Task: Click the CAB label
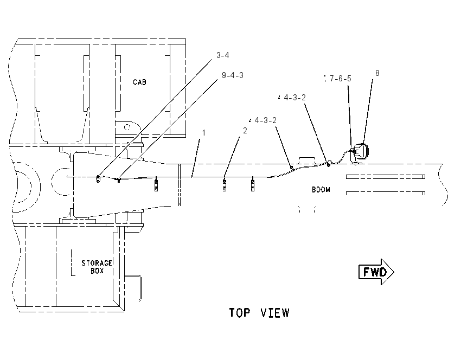(139, 82)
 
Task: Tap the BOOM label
(321, 190)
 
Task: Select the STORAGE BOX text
(97, 267)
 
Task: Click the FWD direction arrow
(376, 272)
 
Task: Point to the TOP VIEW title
(259, 313)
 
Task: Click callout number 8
(377, 73)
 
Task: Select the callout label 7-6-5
(341, 79)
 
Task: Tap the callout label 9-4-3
(233, 75)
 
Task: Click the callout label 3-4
(222, 55)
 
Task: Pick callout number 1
(203, 133)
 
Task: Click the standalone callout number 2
(245, 131)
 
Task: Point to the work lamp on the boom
(360, 152)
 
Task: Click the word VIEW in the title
(275, 313)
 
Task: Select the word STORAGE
(97, 263)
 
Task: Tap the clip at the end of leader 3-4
(98, 178)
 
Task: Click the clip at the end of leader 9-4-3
(118, 179)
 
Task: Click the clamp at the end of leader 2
(225, 184)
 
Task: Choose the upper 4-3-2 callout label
(295, 97)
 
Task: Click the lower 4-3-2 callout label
(266, 120)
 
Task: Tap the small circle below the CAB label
(127, 127)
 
